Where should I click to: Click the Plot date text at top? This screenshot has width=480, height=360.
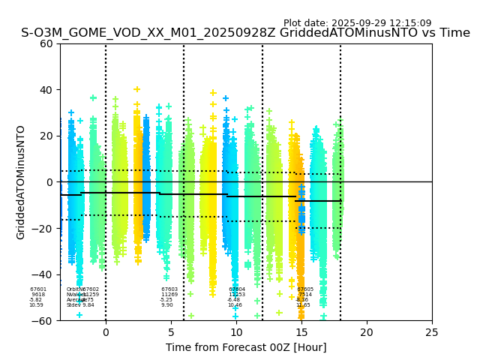(357, 23)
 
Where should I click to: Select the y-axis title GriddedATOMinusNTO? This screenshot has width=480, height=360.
(21, 182)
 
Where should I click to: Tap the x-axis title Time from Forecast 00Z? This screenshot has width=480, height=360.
(246, 347)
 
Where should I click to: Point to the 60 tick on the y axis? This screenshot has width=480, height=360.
(46, 43)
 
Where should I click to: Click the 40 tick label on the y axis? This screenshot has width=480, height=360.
(46, 90)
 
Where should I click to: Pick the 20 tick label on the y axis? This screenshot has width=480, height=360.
(46, 136)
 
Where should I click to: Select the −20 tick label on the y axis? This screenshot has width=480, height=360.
(43, 228)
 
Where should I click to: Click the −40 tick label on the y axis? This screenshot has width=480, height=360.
(43, 274)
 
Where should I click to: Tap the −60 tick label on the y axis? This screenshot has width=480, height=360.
(43, 320)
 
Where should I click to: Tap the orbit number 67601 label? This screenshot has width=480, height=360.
(38, 289)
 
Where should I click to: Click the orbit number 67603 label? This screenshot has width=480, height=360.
(169, 289)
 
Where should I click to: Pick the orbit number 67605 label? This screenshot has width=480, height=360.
(305, 289)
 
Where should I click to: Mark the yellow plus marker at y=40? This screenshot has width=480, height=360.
(137, 89)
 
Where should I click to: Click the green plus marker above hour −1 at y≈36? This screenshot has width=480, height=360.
(93, 97)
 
